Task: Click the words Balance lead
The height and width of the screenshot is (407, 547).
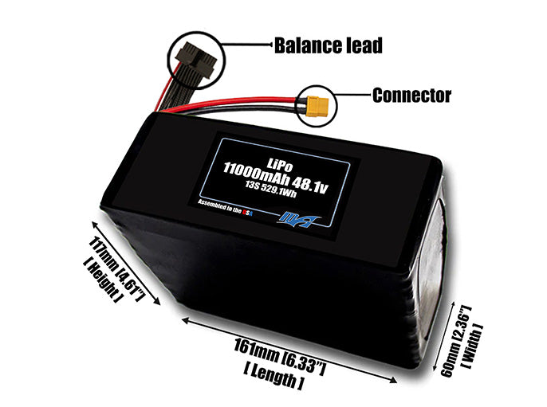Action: (x=329, y=45)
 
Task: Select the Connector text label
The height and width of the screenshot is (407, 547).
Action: (x=411, y=96)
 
